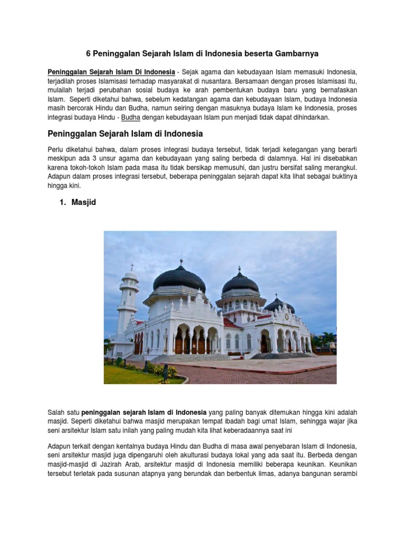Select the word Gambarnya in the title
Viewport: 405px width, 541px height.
coord(295,53)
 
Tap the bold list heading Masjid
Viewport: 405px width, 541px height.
coord(84,202)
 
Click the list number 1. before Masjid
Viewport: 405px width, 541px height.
coord(63,202)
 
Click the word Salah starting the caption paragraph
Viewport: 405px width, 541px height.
coord(56,412)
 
